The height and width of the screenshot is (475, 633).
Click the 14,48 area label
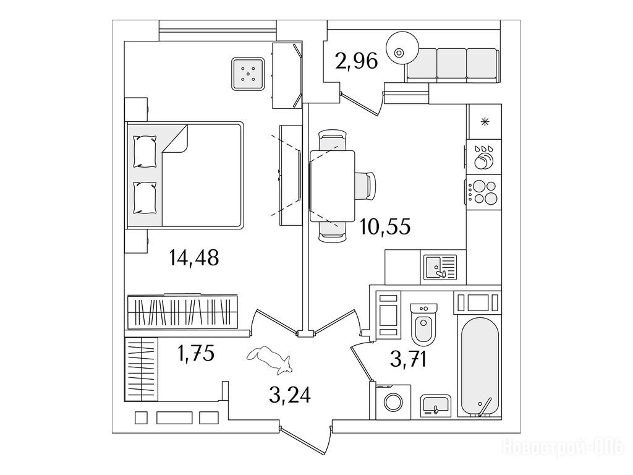(x=194, y=257)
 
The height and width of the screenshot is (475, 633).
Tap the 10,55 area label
(x=386, y=226)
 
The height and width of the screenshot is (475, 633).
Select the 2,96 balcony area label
(x=357, y=61)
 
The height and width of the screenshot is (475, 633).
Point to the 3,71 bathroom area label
(x=409, y=359)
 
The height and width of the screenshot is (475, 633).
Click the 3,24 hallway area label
(x=290, y=395)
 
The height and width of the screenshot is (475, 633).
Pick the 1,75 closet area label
(x=196, y=353)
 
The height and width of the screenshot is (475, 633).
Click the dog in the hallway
(x=269, y=359)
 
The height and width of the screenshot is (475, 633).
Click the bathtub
(x=480, y=367)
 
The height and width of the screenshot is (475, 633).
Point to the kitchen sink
(x=440, y=267)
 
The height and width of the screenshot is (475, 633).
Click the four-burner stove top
(x=483, y=192)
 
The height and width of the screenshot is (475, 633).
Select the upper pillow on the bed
(x=145, y=152)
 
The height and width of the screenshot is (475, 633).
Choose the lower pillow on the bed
(x=145, y=197)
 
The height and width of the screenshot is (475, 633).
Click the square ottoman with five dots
(x=249, y=74)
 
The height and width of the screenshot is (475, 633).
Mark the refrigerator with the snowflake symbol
(x=484, y=122)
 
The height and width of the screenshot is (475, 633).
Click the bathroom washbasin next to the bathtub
(x=436, y=406)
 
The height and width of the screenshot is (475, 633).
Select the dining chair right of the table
(x=366, y=186)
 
